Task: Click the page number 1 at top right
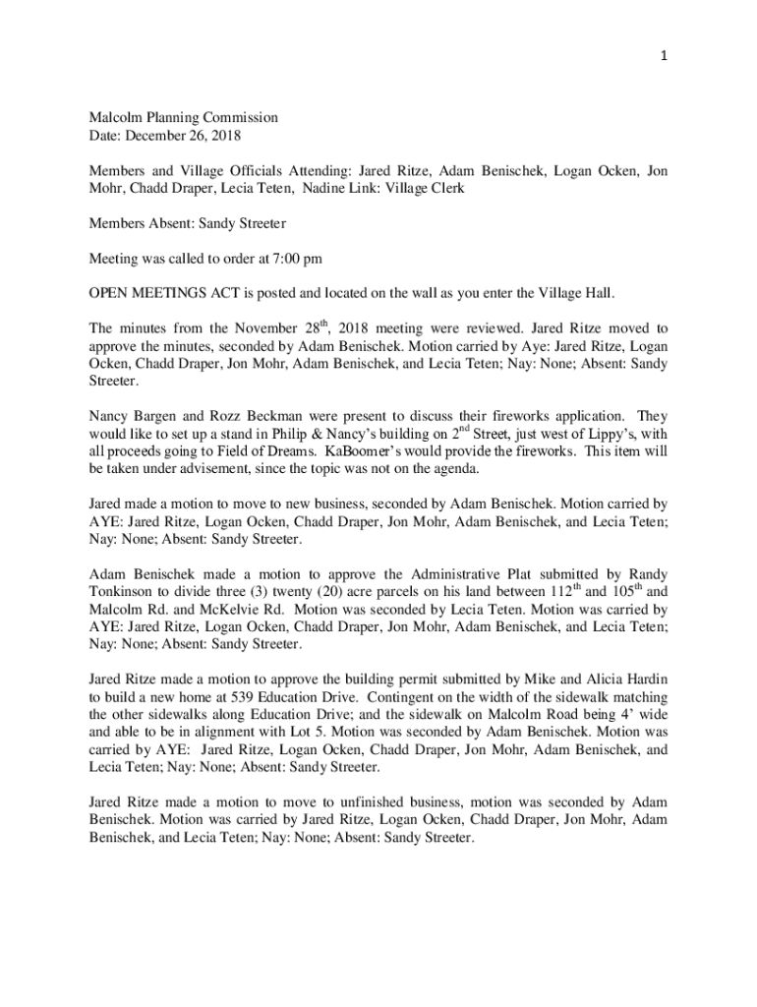[x=665, y=56]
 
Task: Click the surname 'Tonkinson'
[x=128, y=592]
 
